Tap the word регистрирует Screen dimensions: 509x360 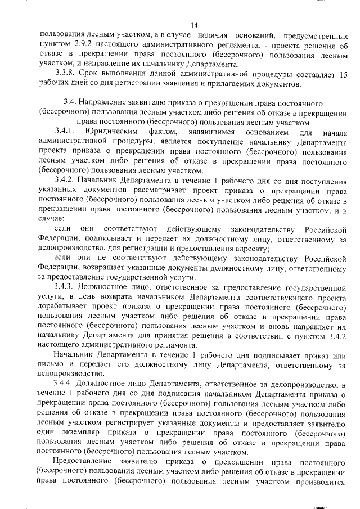point(127,423)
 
